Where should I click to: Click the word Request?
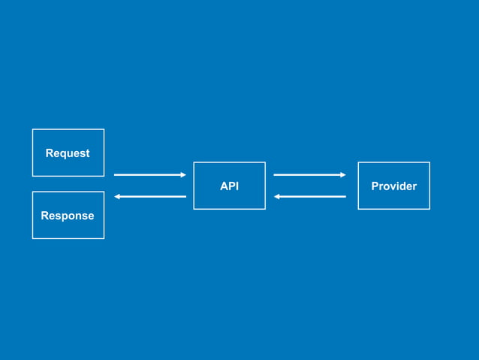coord(68,153)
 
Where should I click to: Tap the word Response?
coord(68,216)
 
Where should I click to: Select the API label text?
coord(229,186)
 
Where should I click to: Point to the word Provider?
coord(393,186)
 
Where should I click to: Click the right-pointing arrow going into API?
coord(149,175)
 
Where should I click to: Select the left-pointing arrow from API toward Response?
coord(149,197)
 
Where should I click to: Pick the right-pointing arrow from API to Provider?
coord(309,175)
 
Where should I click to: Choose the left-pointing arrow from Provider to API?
coord(309,197)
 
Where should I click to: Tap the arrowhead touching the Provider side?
coord(342,175)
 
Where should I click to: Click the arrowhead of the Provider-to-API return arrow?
coord(277,197)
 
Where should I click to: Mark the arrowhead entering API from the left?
coord(182,175)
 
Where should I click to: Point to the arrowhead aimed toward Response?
coord(117,197)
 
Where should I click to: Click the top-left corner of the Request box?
coord(32,129)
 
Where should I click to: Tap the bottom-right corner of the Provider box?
coord(429,209)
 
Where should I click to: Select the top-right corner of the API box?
coord(265,162)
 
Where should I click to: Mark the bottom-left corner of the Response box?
coord(32,238)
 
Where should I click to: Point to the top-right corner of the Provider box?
coord(429,162)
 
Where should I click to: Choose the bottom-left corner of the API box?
coord(194,209)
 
